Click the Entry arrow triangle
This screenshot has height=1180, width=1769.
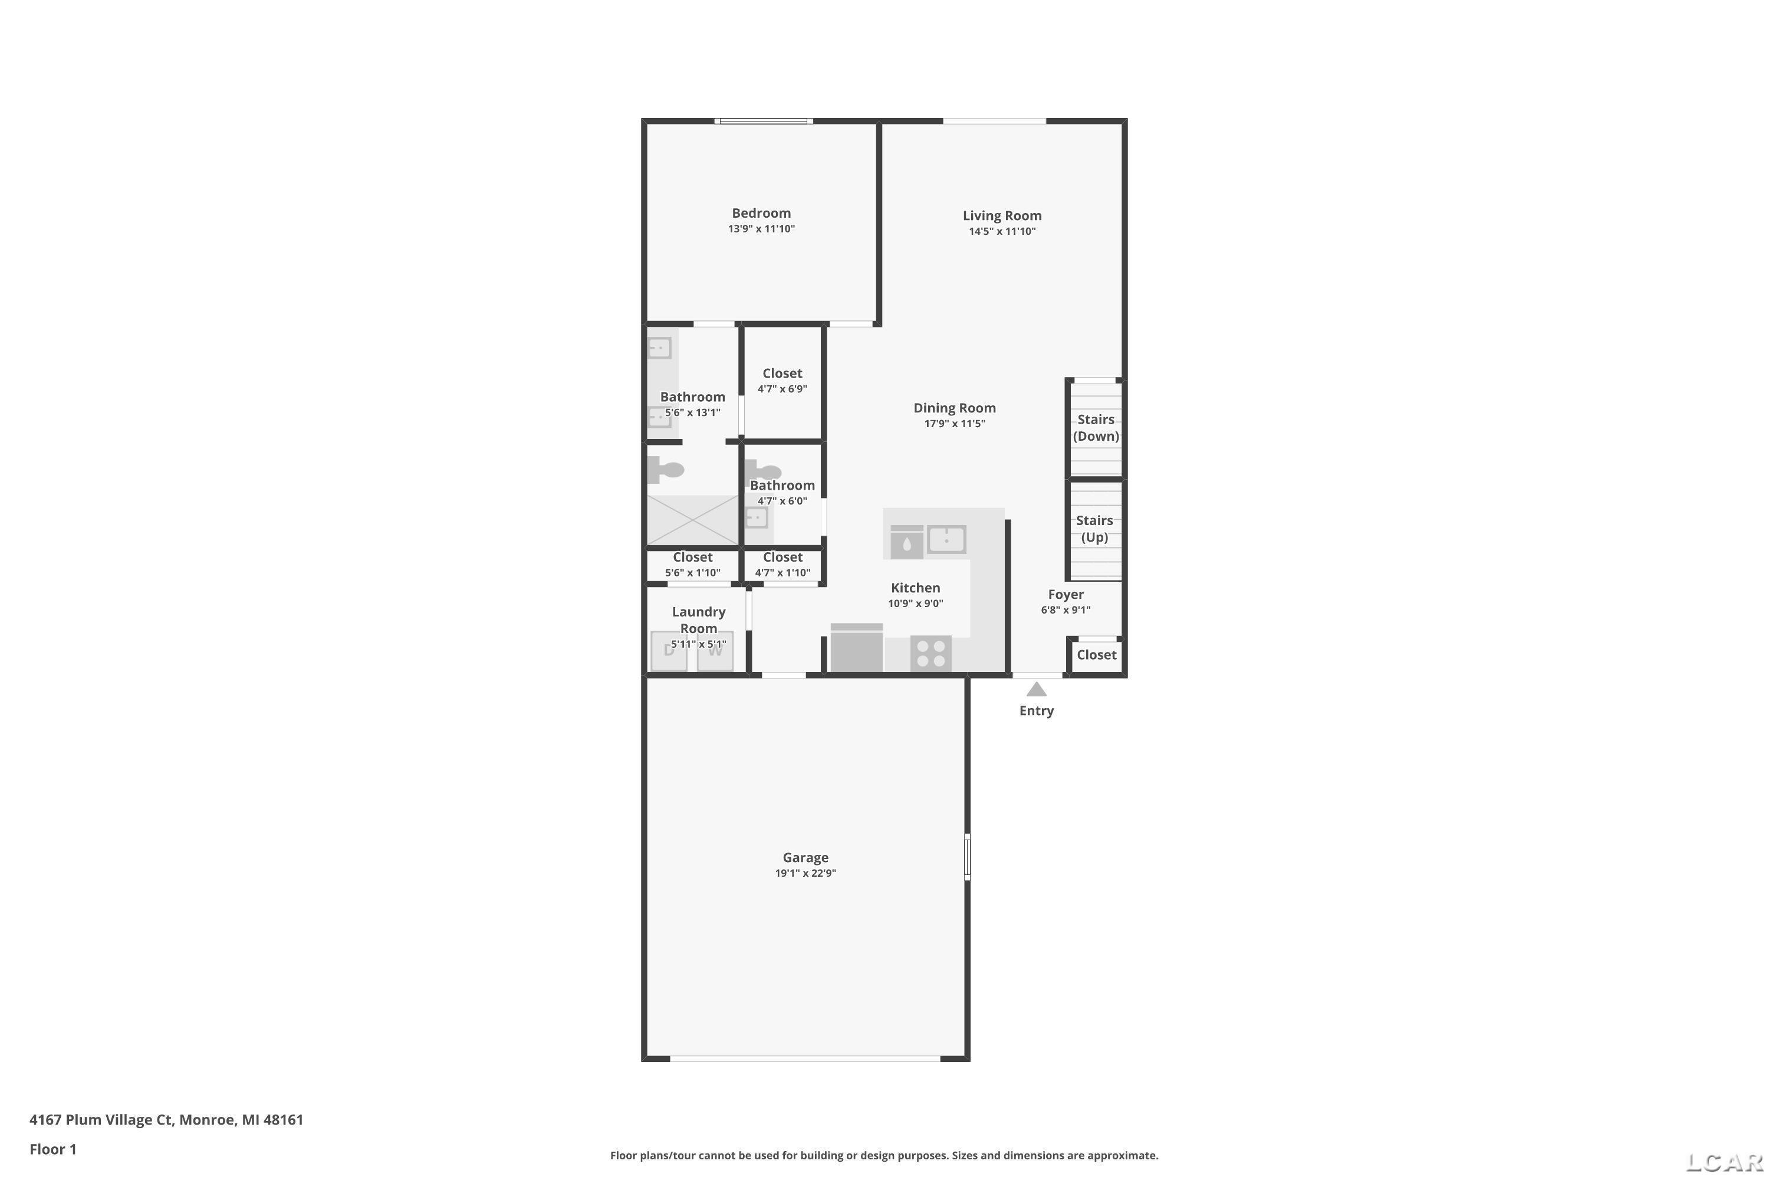coord(1037,689)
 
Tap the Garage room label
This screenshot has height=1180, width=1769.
coord(805,857)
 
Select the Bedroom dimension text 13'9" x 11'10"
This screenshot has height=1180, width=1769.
coord(761,229)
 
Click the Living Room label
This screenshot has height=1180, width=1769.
coord(1002,216)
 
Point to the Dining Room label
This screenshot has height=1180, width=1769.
coord(955,408)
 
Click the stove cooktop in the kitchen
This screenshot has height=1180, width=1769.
coord(930,653)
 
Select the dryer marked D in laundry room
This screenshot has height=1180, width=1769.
coord(669,650)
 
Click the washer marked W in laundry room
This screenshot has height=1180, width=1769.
coord(715,650)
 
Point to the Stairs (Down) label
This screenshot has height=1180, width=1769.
coord(1096,427)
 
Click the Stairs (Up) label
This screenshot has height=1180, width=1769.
coord(1094,528)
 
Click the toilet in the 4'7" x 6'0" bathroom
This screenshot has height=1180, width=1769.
coord(762,473)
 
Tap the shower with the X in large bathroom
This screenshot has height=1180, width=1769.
coord(693,520)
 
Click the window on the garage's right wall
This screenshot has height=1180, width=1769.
coord(967,857)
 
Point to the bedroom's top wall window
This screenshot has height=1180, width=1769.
coord(764,120)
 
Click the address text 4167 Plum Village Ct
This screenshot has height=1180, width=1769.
coord(101,1119)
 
